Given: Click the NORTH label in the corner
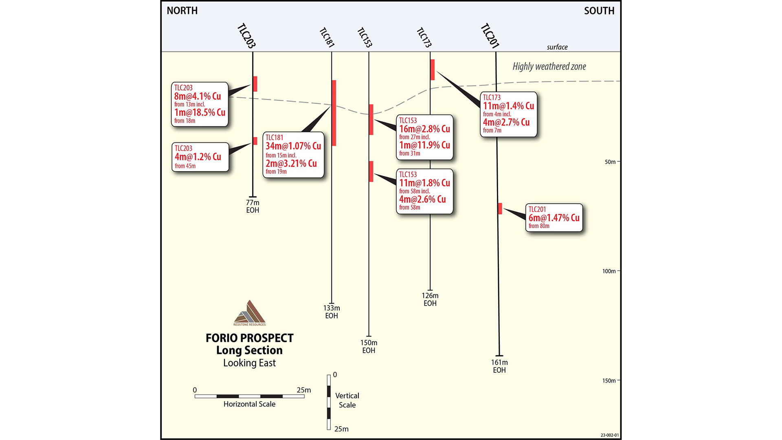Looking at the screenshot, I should point(182,11).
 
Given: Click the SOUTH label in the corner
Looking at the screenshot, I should point(599,11).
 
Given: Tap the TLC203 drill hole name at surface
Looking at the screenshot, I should point(246,36).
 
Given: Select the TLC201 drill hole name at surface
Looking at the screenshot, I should point(490,36).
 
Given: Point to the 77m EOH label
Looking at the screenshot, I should point(253,206).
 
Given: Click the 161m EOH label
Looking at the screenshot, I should point(499,366).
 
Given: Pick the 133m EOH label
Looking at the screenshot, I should point(332,312).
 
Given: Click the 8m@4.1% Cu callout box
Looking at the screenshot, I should point(200,104).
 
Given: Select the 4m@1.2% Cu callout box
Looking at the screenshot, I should point(200,157).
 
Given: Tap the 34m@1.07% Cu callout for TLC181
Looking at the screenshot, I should point(293,155).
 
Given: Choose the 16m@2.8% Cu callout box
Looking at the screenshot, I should point(424,137).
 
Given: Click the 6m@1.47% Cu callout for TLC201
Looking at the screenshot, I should point(554,218).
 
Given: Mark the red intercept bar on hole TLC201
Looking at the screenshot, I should point(500,209).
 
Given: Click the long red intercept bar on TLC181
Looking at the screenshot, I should point(334,113).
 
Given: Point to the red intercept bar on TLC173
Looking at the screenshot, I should point(433,70).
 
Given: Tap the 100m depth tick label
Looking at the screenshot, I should point(609,271).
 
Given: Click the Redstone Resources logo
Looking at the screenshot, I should point(250,313).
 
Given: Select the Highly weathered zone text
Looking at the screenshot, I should point(549,66).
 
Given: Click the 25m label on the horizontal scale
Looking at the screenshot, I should point(303,390).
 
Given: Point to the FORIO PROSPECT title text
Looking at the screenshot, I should point(249,338).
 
